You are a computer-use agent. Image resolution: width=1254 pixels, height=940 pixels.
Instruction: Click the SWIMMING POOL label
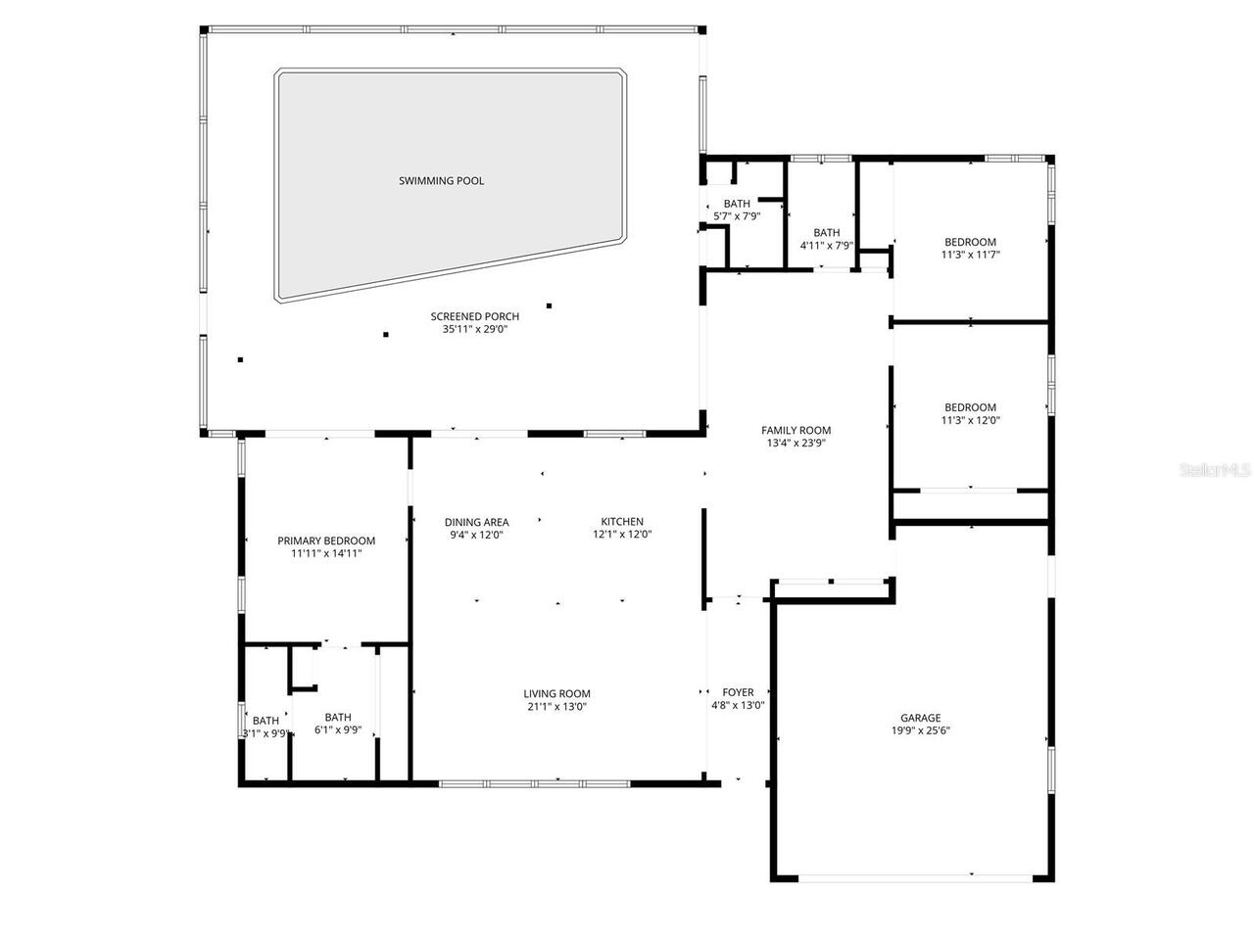click(441, 181)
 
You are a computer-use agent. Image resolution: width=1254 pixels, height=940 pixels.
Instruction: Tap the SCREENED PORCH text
click(474, 316)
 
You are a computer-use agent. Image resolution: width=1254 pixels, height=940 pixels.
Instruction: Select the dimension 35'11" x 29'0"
click(474, 329)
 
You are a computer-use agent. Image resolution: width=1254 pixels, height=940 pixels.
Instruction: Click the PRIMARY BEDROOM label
click(326, 540)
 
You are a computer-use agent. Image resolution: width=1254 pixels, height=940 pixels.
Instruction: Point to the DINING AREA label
click(476, 522)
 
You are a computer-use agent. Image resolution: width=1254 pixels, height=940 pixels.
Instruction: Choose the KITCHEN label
click(622, 522)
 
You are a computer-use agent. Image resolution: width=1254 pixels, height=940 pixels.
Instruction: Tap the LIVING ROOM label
click(556, 694)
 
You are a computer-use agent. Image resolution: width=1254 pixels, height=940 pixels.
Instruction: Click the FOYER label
click(738, 693)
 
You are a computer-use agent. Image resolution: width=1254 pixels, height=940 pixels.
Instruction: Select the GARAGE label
click(921, 718)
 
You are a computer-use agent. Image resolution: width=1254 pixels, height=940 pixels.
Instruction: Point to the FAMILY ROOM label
click(796, 430)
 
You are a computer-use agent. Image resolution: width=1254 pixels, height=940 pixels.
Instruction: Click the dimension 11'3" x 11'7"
click(970, 255)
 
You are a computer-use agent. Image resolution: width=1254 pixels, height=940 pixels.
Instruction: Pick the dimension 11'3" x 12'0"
click(970, 420)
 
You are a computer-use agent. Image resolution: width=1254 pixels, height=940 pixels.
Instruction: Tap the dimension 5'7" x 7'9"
click(737, 216)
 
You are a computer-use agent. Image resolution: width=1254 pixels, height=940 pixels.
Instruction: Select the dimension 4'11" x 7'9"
click(826, 246)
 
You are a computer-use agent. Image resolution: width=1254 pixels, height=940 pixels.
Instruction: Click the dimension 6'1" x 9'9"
click(338, 729)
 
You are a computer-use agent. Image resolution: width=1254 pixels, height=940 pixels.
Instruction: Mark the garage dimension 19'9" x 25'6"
click(921, 730)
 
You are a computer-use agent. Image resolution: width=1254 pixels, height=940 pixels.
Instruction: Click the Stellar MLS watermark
click(1215, 471)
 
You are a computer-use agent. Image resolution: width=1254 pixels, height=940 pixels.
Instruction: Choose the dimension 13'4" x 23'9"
click(796, 443)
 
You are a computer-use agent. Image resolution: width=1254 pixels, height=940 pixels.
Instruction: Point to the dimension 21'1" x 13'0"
click(556, 707)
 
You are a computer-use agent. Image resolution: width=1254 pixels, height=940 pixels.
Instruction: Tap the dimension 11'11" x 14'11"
click(326, 553)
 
